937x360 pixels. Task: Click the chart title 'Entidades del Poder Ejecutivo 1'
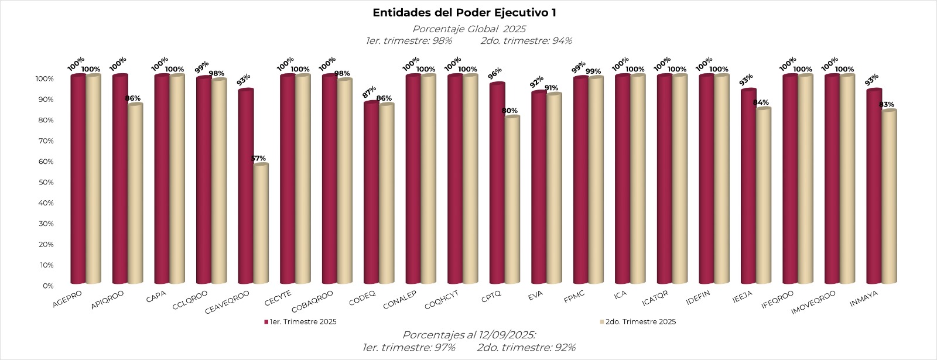click(464, 13)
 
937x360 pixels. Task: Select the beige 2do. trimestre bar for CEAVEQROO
click(261, 225)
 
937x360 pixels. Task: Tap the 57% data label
click(258, 159)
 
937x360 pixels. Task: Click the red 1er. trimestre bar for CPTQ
click(497, 184)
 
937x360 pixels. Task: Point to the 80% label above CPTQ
click(509, 111)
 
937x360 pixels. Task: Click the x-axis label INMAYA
click(864, 299)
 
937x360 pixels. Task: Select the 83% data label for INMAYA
click(887, 105)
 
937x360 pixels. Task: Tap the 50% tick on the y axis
click(46, 183)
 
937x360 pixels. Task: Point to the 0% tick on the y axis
click(47, 286)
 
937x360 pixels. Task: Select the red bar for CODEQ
click(371, 193)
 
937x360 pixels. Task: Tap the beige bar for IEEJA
click(763, 197)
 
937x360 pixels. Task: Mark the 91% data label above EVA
click(551, 88)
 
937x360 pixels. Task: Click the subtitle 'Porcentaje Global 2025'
click(468, 29)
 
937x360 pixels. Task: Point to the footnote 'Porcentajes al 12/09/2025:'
click(468, 335)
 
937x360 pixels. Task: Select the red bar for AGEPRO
click(78, 180)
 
